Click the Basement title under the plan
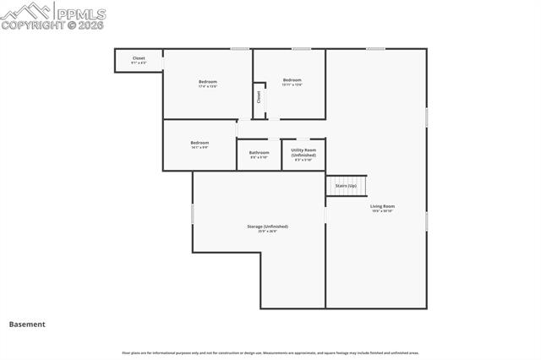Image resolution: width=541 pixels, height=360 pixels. [x=27, y=324]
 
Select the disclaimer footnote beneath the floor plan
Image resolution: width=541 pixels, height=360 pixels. [x=270, y=352]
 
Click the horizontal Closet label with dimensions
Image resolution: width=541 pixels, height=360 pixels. [x=139, y=60]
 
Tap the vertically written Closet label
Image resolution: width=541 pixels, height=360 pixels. [x=259, y=96]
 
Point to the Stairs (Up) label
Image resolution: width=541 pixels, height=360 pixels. [x=346, y=185]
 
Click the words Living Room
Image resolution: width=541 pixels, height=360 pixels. [x=382, y=206]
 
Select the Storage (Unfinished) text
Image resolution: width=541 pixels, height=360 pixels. [x=267, y=226]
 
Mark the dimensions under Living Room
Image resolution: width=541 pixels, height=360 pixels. [x=382, y=211]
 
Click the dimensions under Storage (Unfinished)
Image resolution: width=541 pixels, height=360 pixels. [x=267, y=232]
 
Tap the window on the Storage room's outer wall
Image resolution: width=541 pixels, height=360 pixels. [x=193, y=215]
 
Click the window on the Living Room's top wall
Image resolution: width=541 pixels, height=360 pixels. [x=375, y=49]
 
